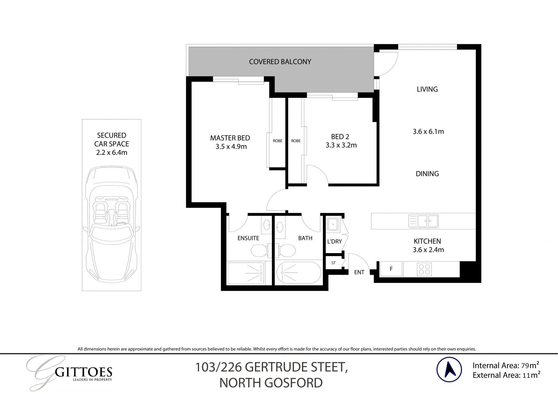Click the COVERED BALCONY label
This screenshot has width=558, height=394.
tap(280, 62)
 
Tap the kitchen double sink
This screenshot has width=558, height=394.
tap(423, 221)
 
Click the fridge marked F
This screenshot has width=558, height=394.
tap(391, 269)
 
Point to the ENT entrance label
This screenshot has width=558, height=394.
tap(359, 272)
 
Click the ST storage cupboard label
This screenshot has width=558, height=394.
tap(333, 263)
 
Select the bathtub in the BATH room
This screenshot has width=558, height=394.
tap(298, 273)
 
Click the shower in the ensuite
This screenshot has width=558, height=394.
tap(246, 273)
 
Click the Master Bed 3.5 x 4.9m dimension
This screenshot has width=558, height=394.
tap(231, 147)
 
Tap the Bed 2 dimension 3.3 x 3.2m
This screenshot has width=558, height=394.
tap(341, 145)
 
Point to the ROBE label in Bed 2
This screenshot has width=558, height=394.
tap(296, 141)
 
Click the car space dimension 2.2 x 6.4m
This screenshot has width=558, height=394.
tap(112, 153)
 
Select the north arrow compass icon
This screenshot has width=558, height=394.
tap(449, 369)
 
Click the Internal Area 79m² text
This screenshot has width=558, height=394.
tap(506, 365)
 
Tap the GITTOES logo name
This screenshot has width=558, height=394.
tap(84, 372)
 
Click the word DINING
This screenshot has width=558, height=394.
tap(427, 174)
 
